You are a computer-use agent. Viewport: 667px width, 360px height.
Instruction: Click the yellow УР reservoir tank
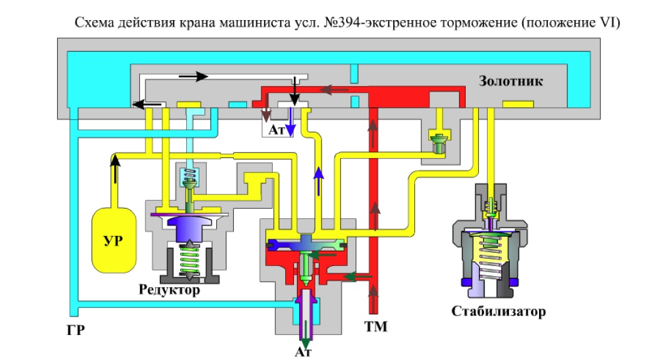114,240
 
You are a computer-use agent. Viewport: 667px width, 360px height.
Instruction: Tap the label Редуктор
169,290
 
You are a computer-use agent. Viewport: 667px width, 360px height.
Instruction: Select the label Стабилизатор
498,311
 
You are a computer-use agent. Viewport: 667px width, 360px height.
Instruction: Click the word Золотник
511,81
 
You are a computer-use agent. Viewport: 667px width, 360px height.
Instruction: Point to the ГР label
76,330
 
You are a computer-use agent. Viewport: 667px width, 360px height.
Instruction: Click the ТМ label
376,326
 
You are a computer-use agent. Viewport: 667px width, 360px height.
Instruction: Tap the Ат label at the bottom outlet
303,352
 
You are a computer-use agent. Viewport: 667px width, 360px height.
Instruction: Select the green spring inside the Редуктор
189,260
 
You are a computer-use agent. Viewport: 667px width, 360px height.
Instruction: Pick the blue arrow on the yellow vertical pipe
318,181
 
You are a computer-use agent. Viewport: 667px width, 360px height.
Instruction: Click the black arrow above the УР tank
115,169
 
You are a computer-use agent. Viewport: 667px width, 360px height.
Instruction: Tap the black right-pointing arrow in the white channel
193,77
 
